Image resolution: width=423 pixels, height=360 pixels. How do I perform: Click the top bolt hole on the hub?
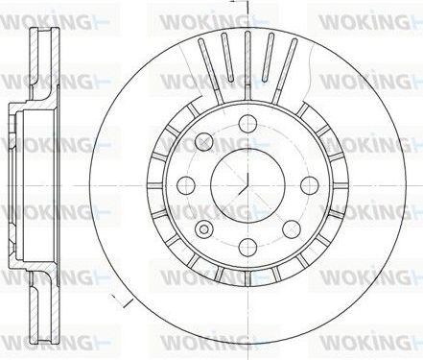[x=247, y=122]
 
